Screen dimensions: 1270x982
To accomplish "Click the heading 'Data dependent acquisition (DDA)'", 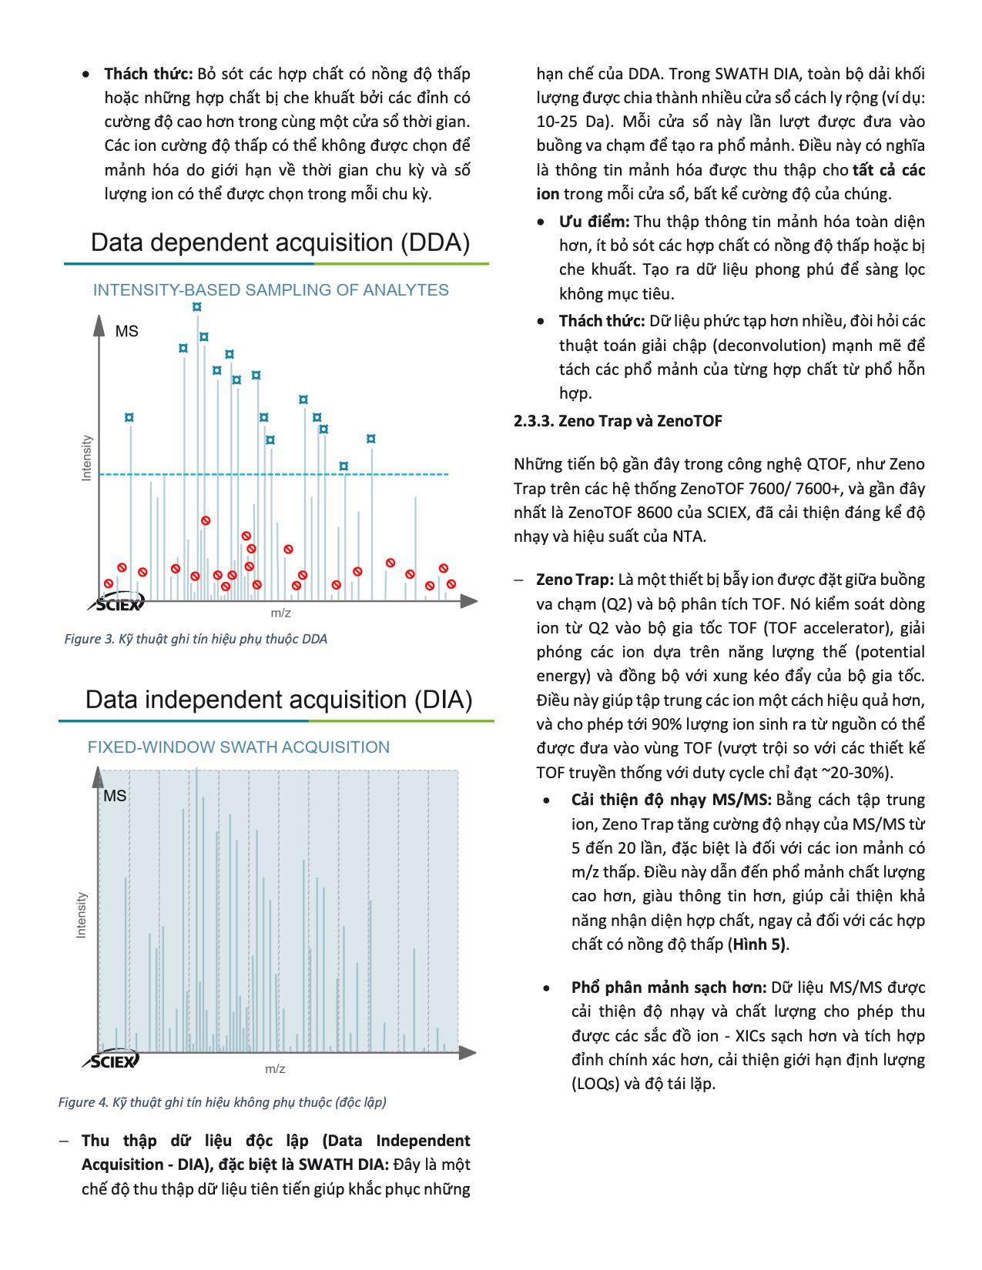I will tap(280, 243).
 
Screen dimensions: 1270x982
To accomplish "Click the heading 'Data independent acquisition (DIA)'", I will tap(279, 700).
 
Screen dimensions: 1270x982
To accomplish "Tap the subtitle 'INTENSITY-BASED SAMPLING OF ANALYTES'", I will tap(270, 290).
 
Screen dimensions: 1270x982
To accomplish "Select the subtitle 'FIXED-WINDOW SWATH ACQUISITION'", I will tap(239, 747).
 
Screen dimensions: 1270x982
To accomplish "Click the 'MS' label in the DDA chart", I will tap(127, 332).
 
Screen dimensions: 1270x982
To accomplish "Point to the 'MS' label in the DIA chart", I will tap(115, 797).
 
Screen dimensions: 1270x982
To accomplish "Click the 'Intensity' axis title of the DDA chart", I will tap(87, 459).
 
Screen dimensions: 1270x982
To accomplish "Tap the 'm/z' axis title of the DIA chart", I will tap(276, 1069).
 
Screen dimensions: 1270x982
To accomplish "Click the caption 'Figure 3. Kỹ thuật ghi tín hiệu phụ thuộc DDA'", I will tap(196, 639).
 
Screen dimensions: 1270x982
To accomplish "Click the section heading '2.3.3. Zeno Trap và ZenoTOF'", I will tap(618, 420).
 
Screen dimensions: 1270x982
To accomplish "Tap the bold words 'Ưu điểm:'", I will tap(594, 222).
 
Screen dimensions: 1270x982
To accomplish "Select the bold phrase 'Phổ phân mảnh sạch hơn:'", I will tap(669, 988).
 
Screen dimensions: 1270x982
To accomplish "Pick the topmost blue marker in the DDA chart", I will tap(197, 306).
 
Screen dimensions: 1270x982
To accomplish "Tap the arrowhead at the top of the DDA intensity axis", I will tap(99, 325).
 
